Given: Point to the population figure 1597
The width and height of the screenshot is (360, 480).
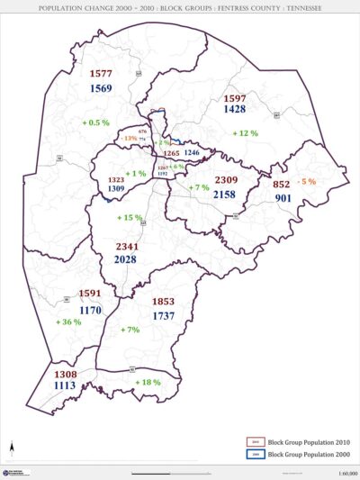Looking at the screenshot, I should pos(235,97).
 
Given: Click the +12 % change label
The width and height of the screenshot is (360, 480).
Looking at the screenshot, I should pos(245,133).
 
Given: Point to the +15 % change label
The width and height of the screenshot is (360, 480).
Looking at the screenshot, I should pos(130,218).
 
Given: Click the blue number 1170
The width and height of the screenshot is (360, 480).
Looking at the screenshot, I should pos(90,310).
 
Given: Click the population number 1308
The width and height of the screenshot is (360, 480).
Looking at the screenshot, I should pos(66,373).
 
